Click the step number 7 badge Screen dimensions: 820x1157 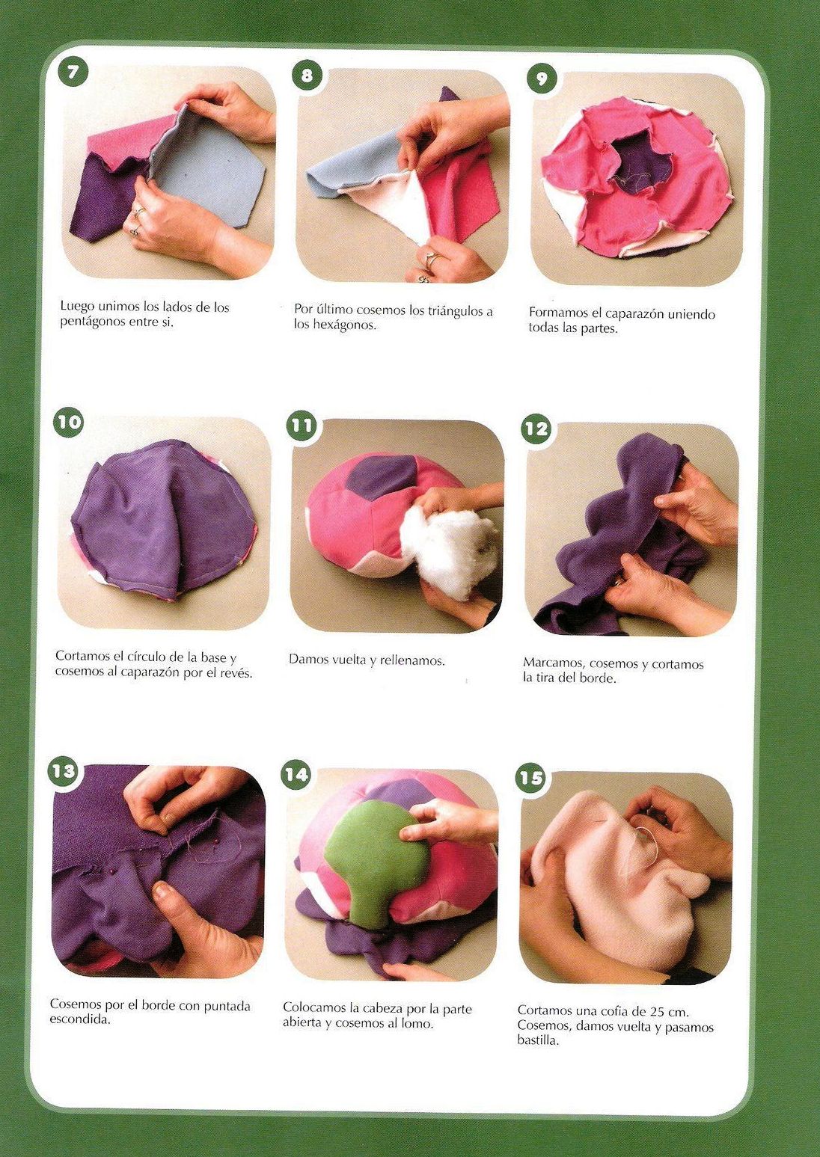click(73, 73)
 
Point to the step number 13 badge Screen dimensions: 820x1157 click(64, 771)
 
